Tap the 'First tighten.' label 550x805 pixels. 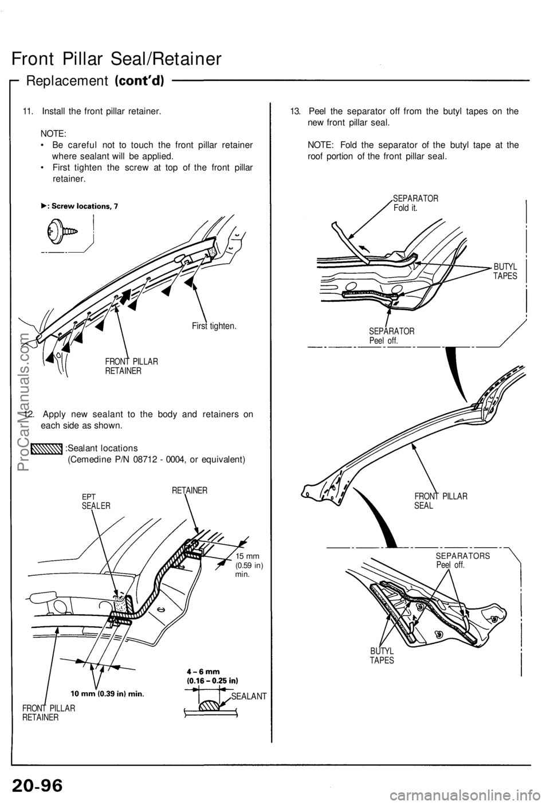pos(214,325)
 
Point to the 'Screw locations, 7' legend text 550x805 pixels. pos(80,205)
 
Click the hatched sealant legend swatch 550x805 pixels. pos(47,448)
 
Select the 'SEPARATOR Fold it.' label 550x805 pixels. pos(415,202)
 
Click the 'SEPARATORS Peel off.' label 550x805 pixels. pos(462,560)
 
